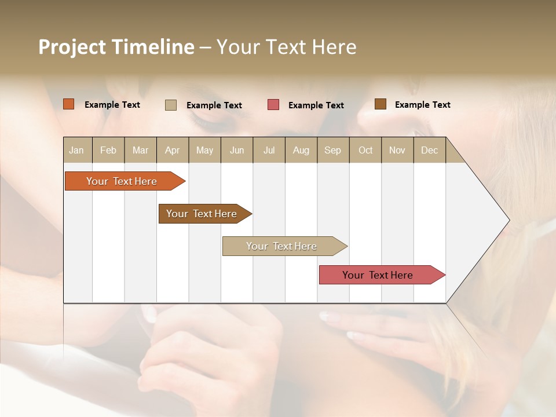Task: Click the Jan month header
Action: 77,150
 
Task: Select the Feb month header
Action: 108,150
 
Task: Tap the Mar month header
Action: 140,150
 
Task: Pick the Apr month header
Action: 172,150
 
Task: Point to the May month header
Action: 204,150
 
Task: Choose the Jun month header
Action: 237,150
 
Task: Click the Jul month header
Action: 269,150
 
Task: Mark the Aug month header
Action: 301,150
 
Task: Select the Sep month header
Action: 333,150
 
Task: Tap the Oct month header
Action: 365,150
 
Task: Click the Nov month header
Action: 397,150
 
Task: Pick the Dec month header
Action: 430,150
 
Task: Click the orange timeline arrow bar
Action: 122,181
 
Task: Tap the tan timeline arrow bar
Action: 282,246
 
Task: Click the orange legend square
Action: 69,104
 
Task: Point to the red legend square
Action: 273,105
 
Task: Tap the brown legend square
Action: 381,104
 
